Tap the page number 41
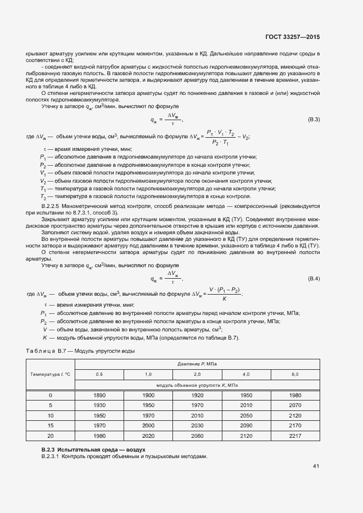point(316,466)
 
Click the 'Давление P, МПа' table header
point(197,364)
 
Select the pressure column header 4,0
point(246,374)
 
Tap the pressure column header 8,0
point(295,374)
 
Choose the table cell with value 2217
point(295,436)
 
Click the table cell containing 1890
point(99,396)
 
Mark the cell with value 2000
point(148,426)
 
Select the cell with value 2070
point(295,405)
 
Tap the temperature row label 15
point(51,426)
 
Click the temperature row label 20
point(51,436)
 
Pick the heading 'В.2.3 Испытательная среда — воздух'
point(93,449)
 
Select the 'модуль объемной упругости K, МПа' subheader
point(197,385)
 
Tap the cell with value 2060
point(197,436)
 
